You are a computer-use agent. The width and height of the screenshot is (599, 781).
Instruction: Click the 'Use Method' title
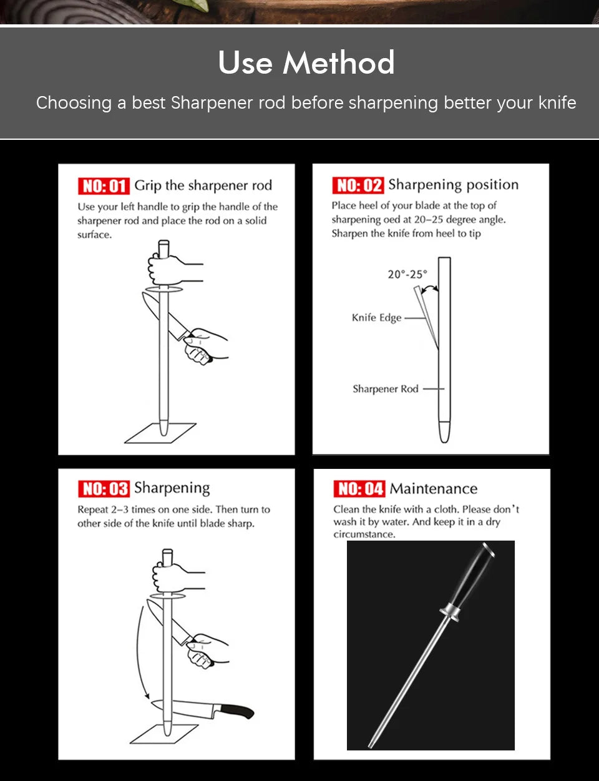coord(306,62)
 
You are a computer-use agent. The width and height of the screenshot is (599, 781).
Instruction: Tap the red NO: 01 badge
coord(104,186)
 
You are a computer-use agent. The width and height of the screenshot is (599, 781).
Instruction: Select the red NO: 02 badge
coord(358,185)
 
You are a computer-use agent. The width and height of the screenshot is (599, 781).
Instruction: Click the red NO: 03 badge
coord(104,489)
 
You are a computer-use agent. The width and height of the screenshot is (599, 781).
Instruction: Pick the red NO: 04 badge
coord(359,489)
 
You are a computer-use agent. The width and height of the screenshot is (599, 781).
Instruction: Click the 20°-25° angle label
coord(407,275)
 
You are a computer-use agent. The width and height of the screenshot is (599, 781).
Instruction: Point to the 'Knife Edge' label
coord(376,318)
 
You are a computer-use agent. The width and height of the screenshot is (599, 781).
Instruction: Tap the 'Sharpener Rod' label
coord(386,389)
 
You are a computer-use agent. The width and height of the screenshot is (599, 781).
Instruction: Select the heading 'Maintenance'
coord(434,489)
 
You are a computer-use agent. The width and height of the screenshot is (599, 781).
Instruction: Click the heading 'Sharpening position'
coord(454,185)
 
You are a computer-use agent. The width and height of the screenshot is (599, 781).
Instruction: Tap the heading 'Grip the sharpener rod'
coord(203,185)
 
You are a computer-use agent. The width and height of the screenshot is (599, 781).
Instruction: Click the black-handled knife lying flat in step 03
coord(203,709)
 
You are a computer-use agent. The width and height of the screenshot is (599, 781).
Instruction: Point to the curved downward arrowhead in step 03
coord(147,695)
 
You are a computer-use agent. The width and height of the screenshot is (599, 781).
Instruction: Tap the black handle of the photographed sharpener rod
coord(472,576)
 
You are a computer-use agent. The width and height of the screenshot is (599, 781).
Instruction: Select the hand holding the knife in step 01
coord(204,346)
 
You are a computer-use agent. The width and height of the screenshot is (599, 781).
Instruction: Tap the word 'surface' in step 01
coord(94,235)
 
